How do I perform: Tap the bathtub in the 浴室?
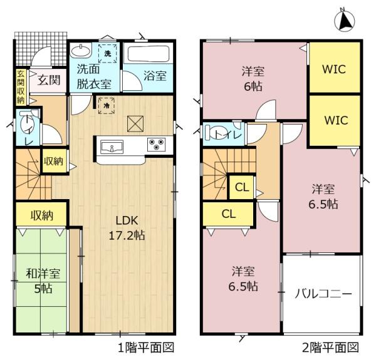pos(149,54)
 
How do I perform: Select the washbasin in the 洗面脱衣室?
pos(81,51)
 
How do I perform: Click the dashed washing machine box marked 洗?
pos(108,53)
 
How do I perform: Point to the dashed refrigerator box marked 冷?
pos(107,105)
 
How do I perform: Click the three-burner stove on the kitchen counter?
pos(156,144)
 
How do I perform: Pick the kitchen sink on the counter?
pos(112,147)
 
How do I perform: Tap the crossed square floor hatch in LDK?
pos(135,124)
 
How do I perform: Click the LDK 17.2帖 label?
pos(127,228)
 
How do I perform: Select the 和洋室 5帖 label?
pos(43,281)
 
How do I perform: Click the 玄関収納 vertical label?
pos(21,87)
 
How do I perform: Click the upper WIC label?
pos(334,69)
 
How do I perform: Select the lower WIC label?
pos(336,120)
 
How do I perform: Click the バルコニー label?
pos(323,294)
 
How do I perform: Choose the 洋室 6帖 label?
pos(253,79)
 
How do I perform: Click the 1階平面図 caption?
pos(146,347)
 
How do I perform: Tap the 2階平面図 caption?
pos(330,347)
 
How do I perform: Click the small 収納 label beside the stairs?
pos(53,161)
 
